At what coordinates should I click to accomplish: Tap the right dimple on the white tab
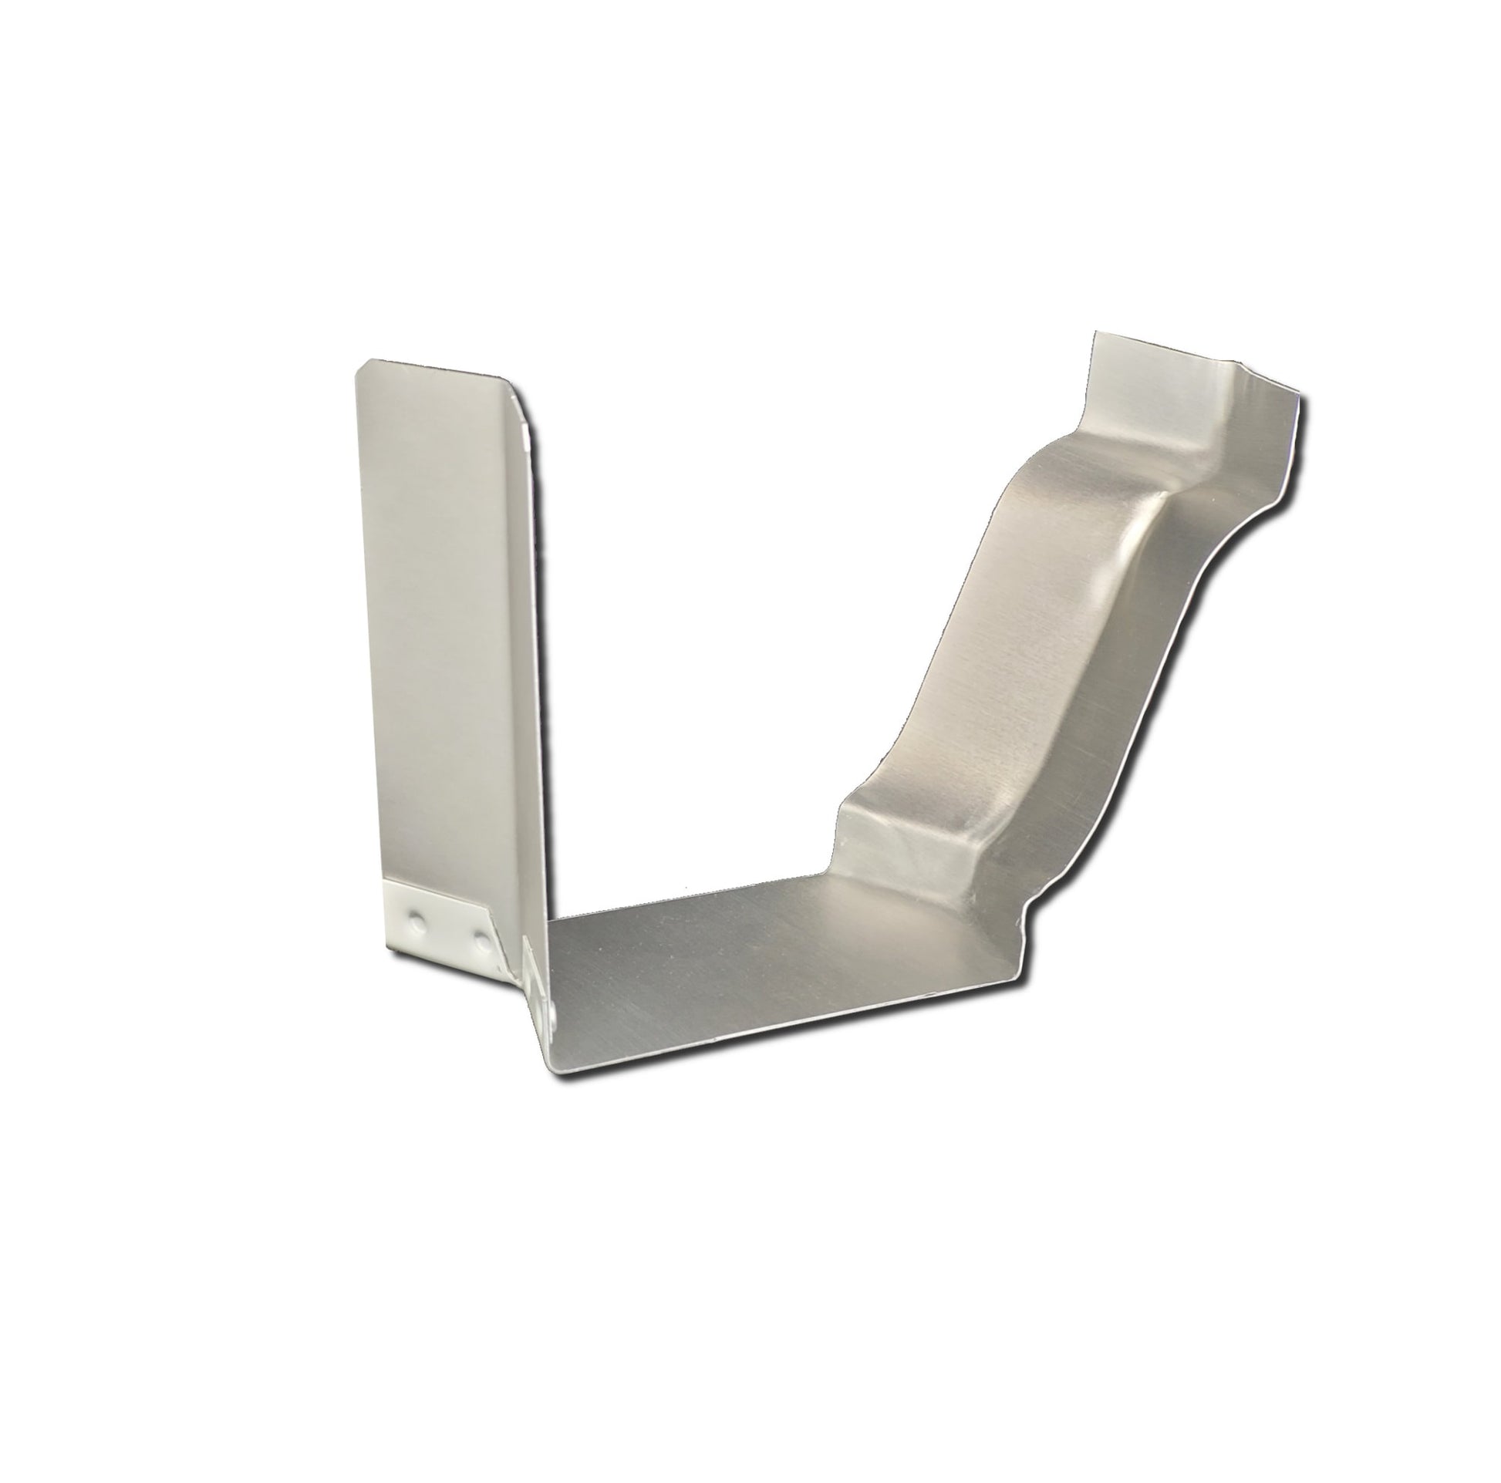(483, 942)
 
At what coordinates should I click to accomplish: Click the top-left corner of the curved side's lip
(1095, 335)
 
